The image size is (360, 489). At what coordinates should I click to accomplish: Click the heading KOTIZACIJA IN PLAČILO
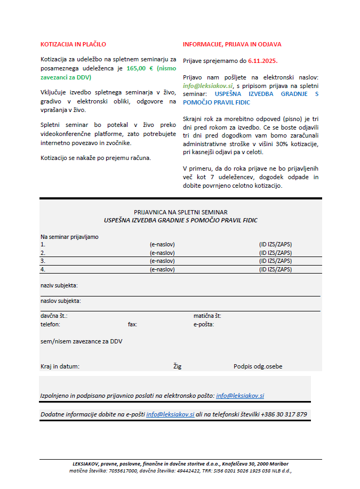[74, 44]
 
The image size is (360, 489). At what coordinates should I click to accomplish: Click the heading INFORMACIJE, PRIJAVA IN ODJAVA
[232, 44]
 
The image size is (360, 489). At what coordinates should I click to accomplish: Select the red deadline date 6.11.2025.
[263, 61]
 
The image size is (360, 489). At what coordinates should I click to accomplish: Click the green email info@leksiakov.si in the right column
[208, 85]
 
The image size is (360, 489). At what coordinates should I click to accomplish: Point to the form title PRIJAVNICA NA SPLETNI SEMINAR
[180, 212]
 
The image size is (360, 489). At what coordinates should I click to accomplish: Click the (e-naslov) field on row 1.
[163, 244]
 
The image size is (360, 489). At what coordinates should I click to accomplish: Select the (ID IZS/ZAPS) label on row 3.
[275, 261]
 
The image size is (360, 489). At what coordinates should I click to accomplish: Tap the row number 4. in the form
[43, 269]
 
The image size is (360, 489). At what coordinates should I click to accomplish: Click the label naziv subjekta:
[59, 285]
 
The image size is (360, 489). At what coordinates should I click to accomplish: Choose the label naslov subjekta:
[61, 301]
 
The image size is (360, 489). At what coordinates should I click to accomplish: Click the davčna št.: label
[54, 316]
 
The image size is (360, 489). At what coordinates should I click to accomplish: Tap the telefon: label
[50, 324]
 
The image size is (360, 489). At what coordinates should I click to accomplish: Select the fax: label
[132, 324]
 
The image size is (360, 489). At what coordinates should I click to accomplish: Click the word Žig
[178, 366]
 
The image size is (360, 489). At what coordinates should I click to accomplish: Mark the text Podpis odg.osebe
[258, 366]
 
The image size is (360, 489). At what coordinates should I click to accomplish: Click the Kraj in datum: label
[60, 366]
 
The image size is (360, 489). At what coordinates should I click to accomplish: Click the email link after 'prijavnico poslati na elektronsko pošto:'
[239, 396]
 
